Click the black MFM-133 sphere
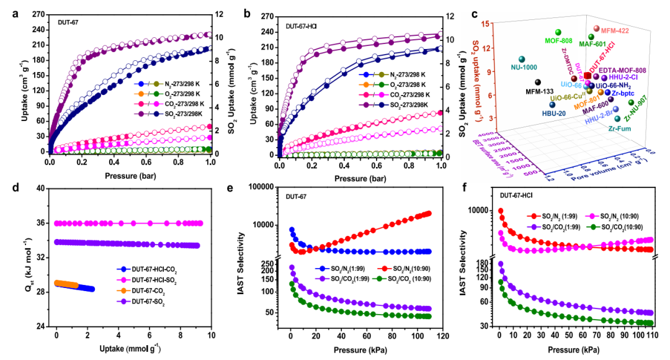click(x=538, y=82)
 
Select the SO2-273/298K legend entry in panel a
click(x=172, y=113)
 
